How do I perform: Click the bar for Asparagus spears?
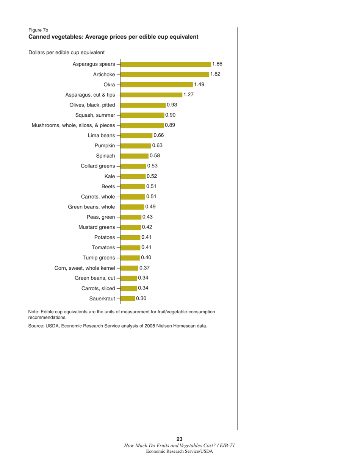[x=165, y=64]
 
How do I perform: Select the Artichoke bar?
[x=164, y=75]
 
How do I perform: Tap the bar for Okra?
[x=156, y=85]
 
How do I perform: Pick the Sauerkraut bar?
[x=127, y=299]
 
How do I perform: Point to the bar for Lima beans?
[x=136, y=136]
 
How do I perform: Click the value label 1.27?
[x=189, y=95]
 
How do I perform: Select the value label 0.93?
[x=172, y=105]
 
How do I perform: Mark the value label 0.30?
[x=141, y=299]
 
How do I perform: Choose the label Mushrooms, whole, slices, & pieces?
[x=73, y=125]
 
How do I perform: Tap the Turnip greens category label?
[x=98, y=258]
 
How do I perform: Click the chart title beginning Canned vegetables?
[x=113, y=37]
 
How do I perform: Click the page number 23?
[x=180, y=439]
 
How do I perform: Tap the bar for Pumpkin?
[x=135, y=146]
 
